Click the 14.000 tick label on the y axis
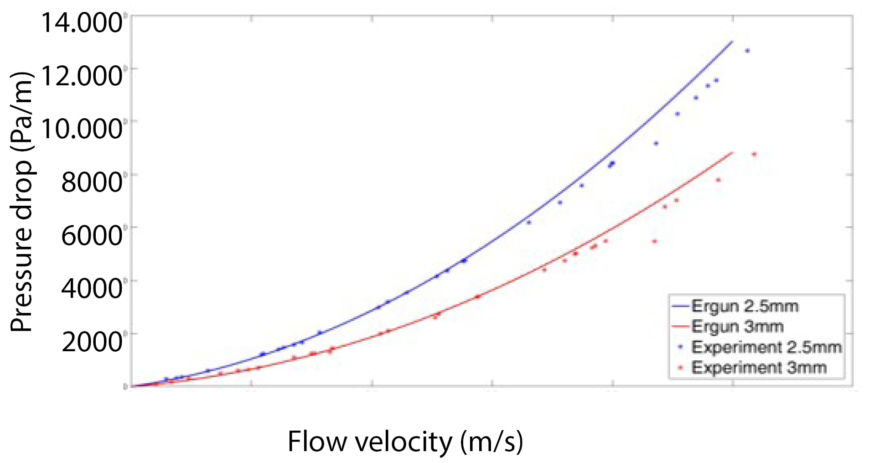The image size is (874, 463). (x=81, y=23)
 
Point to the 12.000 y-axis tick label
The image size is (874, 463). (x=81, y=75)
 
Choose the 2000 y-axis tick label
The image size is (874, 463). (x=91, y=341)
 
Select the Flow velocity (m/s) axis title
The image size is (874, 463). (x=405, y=442)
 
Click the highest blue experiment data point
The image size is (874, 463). (x=747, y=51)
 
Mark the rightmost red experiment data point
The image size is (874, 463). (x=754, y=154)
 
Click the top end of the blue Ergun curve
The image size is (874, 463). (x=732, y=42)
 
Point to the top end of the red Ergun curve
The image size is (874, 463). (x=732, y=152)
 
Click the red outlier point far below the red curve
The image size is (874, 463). (x=654, y=241)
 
